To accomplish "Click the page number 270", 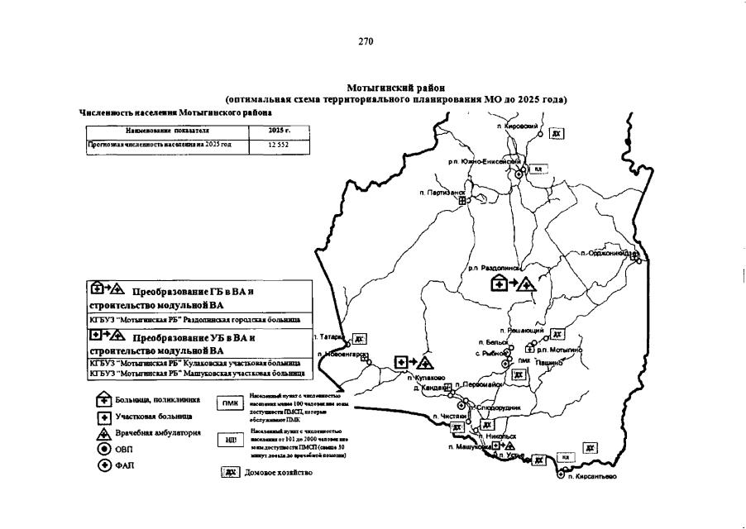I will (368, 41).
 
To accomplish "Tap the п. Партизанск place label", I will (441, 193).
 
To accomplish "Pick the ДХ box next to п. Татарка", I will (359, 338).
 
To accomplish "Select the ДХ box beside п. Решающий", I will (557, 334).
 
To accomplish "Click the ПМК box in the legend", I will (228, 403).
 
